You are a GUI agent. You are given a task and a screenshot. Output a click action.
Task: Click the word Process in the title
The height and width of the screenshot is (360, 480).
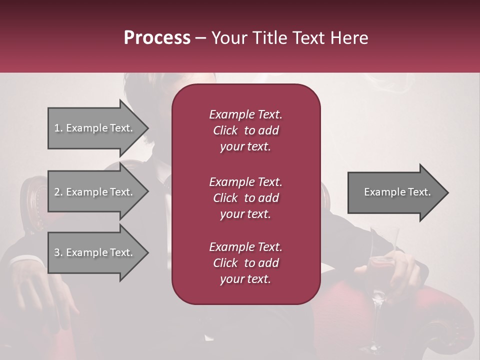coord(157,38)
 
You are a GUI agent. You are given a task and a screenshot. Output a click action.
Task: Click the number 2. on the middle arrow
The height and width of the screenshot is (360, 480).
coord(58,192)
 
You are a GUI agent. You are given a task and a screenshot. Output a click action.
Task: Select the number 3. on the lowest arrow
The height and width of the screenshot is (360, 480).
coord(58,252)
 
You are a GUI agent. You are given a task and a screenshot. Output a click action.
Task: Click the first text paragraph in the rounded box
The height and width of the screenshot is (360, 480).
coord(245,130)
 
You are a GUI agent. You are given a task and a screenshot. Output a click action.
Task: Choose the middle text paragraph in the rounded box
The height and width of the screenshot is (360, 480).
coord(245,198)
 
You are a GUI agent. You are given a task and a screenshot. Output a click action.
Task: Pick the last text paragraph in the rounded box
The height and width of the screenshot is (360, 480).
coord(245,263)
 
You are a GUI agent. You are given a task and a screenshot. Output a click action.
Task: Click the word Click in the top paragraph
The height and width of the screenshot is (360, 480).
coord(225,130)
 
